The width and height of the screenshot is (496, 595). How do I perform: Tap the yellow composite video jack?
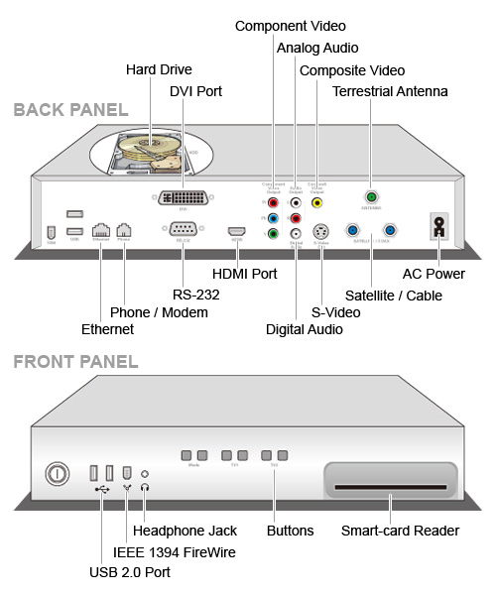click(317, 201)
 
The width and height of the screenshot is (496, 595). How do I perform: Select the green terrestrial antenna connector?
click(371, 196)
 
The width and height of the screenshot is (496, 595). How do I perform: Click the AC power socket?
click(434, 225)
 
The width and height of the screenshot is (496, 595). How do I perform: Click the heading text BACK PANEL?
click(70, 109)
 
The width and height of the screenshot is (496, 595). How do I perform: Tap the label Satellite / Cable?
click(394, 295)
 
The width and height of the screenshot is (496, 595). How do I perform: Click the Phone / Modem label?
click(159, 312)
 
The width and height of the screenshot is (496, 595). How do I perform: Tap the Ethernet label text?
click(107, 329)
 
